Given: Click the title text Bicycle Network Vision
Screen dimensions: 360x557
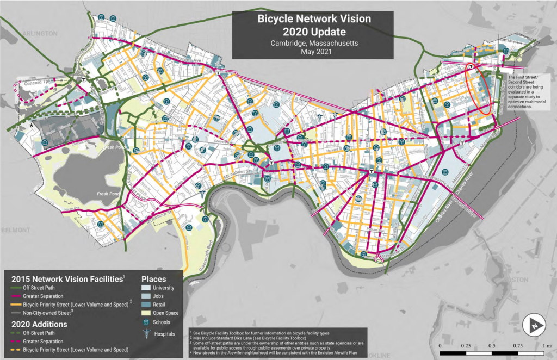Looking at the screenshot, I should click(x=314, y=19).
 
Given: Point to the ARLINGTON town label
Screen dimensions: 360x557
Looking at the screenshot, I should click(x=40, y=34).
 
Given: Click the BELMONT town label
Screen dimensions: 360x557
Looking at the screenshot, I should click(x=15, y=230).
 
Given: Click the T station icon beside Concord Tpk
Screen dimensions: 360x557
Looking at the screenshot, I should click(x=84, y=79).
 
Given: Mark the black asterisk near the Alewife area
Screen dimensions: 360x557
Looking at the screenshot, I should click(x=32, y=125).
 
